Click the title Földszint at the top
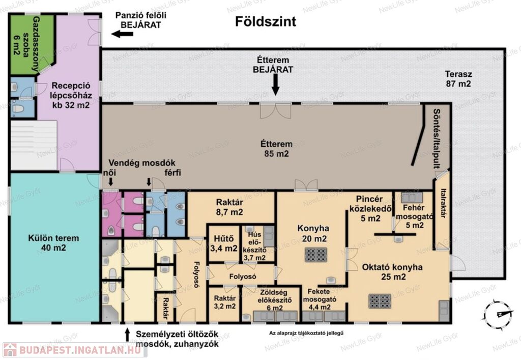point(266,21)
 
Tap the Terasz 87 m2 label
point(458,79)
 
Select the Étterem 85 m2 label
point(276,149)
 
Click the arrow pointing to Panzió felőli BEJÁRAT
point(122,34)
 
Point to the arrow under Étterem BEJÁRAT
point(275,85)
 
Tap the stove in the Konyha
point(316,255)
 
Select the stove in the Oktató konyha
point(380,301)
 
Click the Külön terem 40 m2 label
point(53,243)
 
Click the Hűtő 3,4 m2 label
point(224,243)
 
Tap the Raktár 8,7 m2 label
point(229,207)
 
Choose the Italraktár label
point(443,204)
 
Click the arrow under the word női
point(110,182)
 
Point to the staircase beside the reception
point(34,145)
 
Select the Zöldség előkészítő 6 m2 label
point(275,300)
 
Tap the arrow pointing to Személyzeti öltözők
point(127,335)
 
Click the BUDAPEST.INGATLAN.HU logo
point(74,350)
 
